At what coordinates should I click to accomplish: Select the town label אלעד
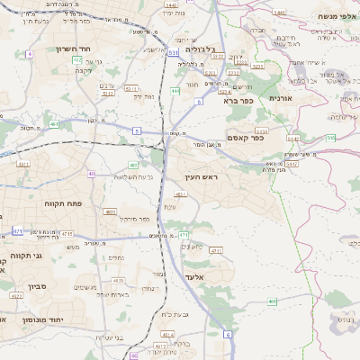195,277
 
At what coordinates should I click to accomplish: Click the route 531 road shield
172,54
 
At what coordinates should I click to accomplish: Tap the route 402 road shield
93,172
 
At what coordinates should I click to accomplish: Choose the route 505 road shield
331,138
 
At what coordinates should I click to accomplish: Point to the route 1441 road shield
279,13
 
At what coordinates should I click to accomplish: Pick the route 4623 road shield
161,345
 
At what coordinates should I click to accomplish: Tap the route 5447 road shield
291,163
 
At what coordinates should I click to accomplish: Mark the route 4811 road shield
181,193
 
